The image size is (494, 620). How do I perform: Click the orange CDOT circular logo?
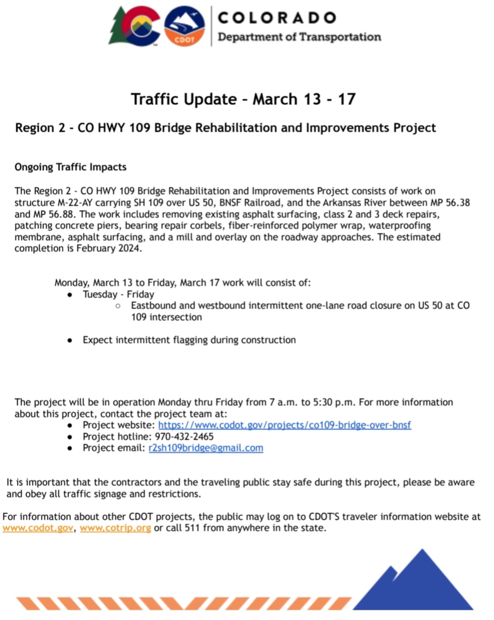point(185,26)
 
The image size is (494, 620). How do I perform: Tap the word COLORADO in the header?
point(277,18)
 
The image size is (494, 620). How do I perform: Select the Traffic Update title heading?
point(243,99)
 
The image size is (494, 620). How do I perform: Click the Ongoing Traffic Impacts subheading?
point(70,167)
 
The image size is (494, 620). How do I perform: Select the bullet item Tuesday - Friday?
point(118,294)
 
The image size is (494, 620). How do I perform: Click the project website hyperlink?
point(285,425)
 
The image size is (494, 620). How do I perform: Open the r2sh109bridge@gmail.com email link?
point(206,448)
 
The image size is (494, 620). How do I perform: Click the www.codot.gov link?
point(38,528)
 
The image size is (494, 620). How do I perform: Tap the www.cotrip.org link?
point(115,528)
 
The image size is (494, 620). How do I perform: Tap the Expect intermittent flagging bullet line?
point(189,340)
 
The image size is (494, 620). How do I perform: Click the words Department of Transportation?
point(299,37)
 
